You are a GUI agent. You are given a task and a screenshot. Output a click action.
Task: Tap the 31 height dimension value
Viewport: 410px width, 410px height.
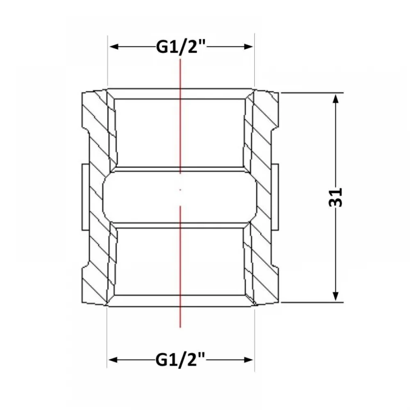point(335,198)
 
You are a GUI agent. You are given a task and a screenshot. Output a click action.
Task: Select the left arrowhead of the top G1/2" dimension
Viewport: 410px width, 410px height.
point(114,47)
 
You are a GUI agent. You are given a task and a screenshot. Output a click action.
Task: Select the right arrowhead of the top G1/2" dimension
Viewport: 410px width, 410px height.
point(248,47)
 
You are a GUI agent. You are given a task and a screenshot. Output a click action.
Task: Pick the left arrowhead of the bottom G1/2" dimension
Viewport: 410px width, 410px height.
point(113,360)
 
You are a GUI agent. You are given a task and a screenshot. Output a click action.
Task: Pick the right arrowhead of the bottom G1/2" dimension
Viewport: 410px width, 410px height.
point(248,360)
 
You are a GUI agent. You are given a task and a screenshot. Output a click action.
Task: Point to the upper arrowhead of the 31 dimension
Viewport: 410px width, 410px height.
point(336,99)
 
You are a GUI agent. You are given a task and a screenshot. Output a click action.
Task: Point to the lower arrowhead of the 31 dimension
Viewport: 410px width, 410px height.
point(336,296)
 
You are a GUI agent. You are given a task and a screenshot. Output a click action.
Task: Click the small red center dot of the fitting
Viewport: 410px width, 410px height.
point(180,189)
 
